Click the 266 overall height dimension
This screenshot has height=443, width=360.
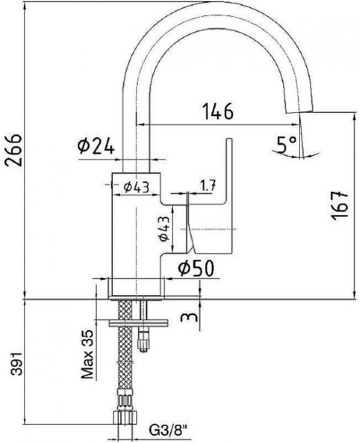(14, 150)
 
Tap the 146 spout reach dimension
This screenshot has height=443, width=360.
(218, 111)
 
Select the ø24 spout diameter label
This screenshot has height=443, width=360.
(96, 146)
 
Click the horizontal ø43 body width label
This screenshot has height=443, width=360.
(136, 187)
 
